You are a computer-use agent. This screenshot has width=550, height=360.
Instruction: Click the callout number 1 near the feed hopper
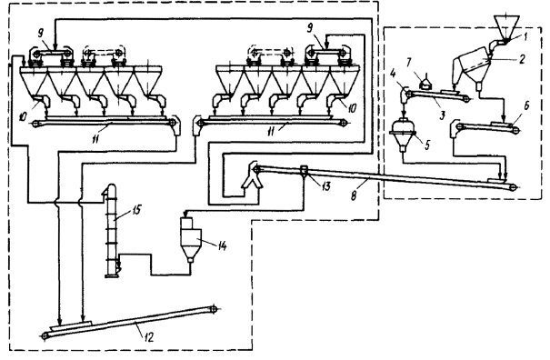tap(525, 37)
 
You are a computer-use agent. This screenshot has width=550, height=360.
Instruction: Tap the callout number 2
tap(522, 59)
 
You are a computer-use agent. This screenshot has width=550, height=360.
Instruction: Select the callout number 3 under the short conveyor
tap(443, 115)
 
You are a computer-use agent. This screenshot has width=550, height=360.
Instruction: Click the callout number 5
tap(427, 145)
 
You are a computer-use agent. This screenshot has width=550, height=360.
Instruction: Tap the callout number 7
tap(408, 64)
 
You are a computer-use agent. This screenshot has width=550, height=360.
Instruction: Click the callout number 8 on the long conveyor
tap(354, 195)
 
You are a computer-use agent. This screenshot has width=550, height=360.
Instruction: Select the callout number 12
tap(148, 337)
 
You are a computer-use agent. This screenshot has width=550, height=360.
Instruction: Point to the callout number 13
tap(325, 186)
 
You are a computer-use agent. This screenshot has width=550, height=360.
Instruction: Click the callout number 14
tap(221, 245)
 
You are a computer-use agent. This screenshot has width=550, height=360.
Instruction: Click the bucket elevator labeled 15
tap(112, 231)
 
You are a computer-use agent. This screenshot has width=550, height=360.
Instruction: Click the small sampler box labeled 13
tap(304, 171)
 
